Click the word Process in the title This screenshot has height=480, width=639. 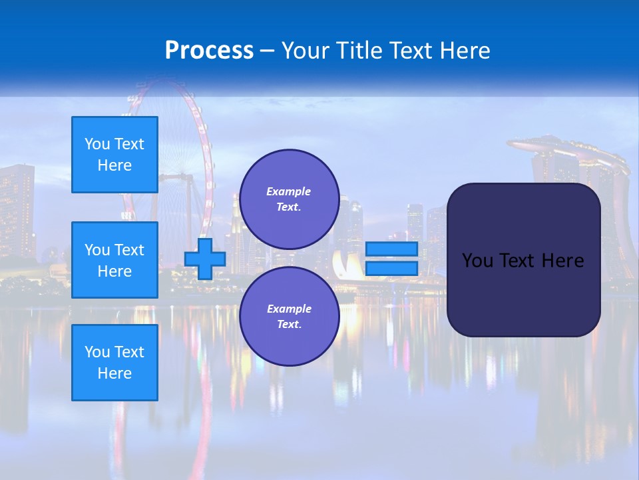[x=209, y=51]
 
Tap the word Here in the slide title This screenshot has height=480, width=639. [x=464, y=51]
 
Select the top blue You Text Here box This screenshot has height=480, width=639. [x=114, y=155]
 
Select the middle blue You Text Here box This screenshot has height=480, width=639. [x=114, y=260]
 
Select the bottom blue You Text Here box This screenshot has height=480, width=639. [x=114, y=362]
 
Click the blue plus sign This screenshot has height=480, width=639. [x=205, y=259]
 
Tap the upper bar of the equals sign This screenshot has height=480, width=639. [x=392, y=249]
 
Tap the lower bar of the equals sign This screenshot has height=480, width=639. [x=392, y=268]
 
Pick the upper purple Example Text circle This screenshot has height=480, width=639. [x=289, y=199]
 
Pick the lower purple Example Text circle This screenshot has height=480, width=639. [x=289, y=317]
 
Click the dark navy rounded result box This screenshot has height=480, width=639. [x=523, y=293]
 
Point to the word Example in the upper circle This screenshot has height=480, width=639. [x=289, y=191]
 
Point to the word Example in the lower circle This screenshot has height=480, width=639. [x=289, y=309]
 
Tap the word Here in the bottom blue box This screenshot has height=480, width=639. [x=114, y=373]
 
